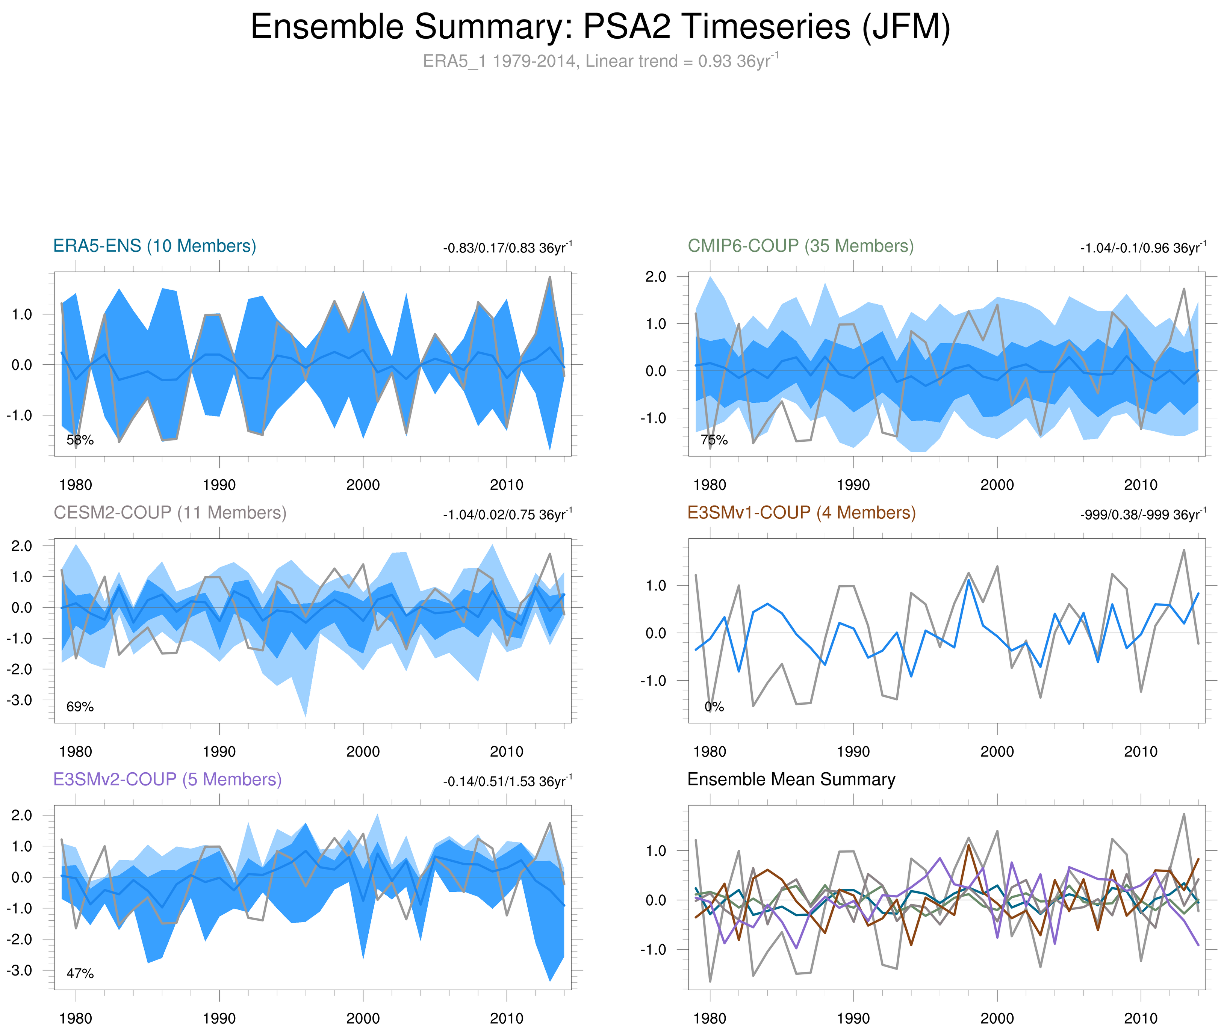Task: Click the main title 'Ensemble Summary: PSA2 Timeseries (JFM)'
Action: coord(600,27)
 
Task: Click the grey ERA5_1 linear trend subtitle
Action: coord(600,61)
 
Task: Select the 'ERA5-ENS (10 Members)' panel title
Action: coord(154,246)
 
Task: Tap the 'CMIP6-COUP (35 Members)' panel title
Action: coord(800,246)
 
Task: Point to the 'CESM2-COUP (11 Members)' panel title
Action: coord(170,513)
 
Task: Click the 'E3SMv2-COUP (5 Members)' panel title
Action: coord(168,779)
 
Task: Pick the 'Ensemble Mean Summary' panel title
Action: coord(791,779)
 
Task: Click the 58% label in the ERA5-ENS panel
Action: coord(80,440)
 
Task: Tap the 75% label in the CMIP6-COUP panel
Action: coord(714,440)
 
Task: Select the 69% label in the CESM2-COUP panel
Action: coord(80,707)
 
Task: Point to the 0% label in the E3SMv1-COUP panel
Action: coord(714,707)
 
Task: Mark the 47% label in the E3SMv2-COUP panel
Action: coord(80,973)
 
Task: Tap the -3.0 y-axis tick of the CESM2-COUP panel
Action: coord(20,700)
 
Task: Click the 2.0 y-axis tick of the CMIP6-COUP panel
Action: coord(656,276)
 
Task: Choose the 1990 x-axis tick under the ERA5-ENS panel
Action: coord(219,485)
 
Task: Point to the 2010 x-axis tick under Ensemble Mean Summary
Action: coord(1141,1018)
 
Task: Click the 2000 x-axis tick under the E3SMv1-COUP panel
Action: coord(997,752)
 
